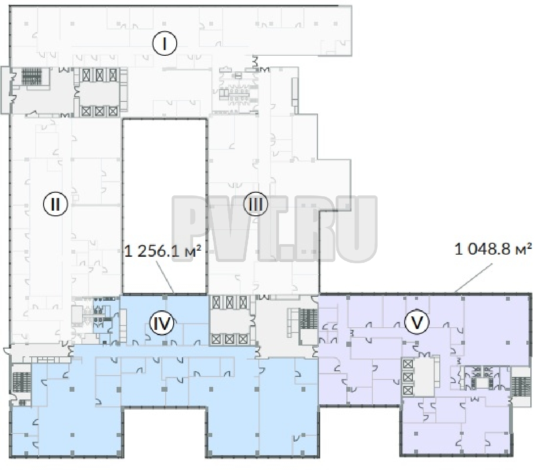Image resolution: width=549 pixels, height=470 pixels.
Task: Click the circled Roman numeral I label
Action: pos(164,44)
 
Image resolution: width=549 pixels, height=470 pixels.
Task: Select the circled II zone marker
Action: pos(56,204)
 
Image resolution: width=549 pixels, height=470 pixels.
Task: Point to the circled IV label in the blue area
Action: pos(162,323)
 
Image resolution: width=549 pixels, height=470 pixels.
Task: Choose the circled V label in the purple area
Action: pos(417,322)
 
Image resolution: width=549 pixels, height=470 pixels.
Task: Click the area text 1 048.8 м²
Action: pos(493,249)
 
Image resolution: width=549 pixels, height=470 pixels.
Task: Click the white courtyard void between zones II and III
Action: pos(165,206)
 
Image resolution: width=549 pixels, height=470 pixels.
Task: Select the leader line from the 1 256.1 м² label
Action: pos(165,277)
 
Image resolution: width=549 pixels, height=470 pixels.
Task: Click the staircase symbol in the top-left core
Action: pos(32,77)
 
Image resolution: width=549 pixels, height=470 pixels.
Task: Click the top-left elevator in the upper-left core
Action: pos(87,75)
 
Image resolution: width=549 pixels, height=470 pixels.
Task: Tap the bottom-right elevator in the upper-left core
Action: pos(113,111)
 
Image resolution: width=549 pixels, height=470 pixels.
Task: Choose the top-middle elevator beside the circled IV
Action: pos(230,302)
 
